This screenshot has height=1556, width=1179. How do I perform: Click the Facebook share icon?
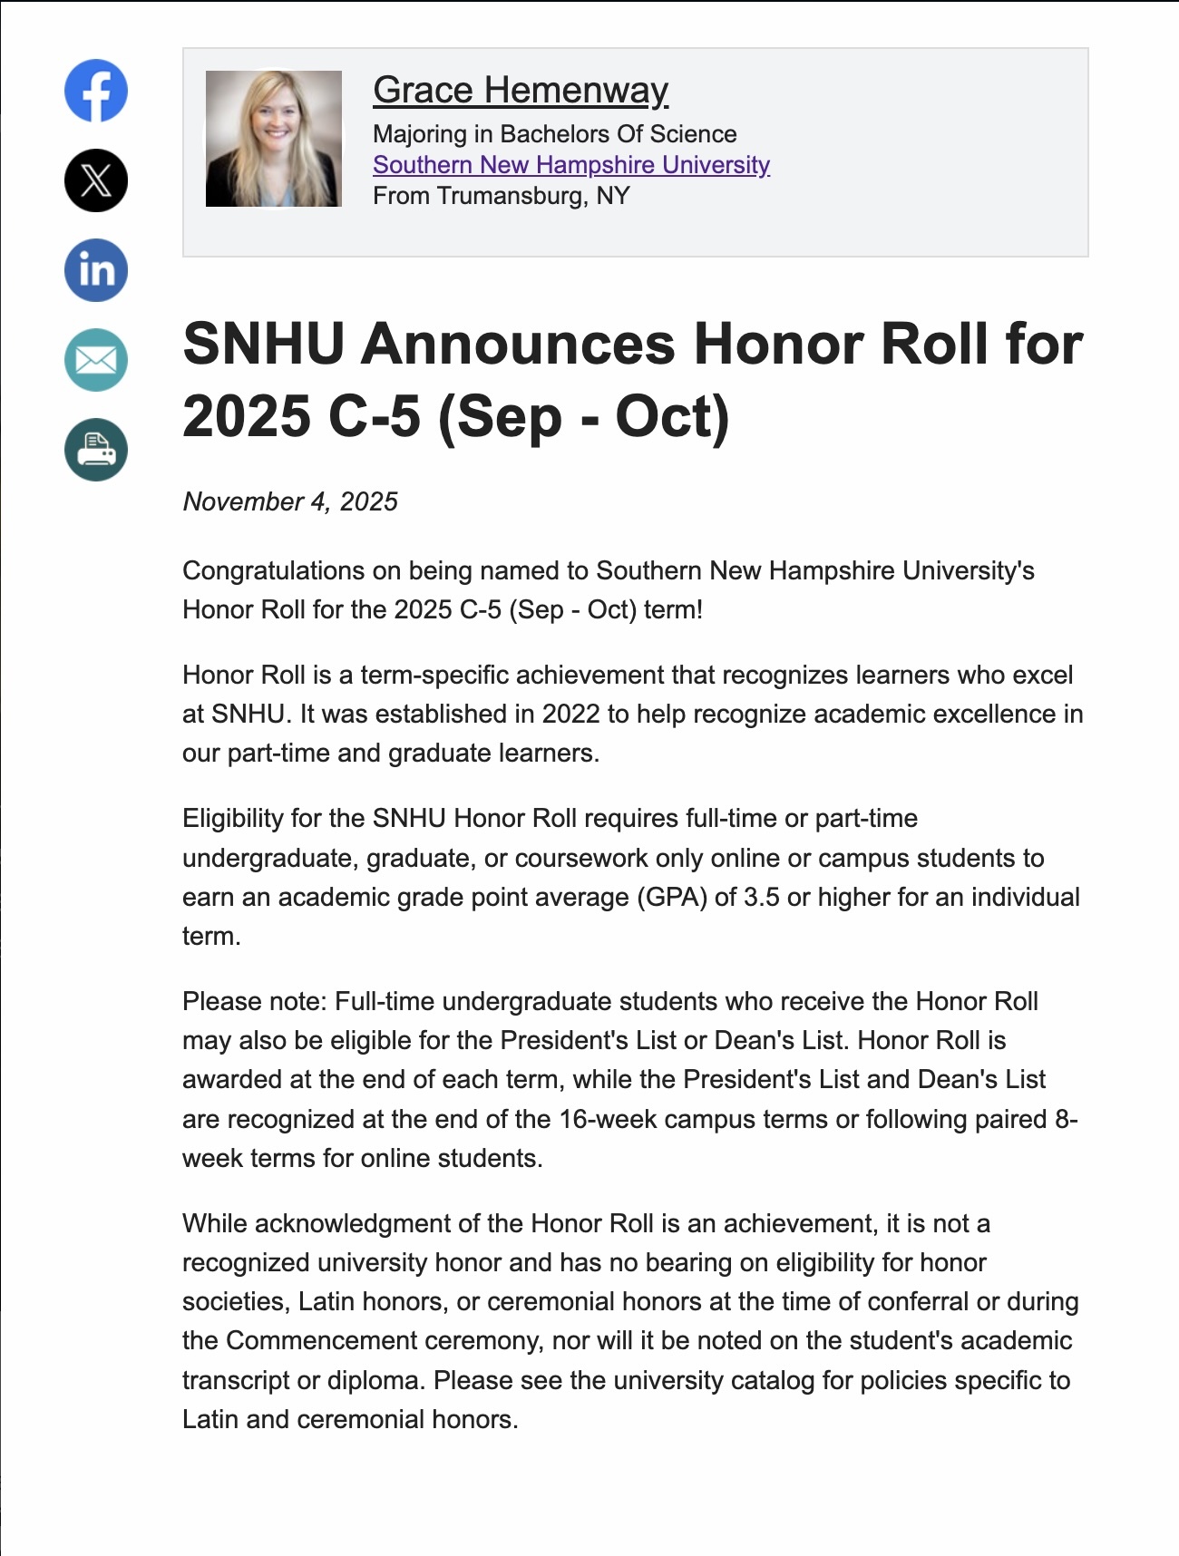(96, 91)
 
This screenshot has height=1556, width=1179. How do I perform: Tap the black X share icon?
(96, 180)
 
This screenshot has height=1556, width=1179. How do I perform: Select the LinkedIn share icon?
(96, 270)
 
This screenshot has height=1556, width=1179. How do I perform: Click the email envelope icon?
(96, 360)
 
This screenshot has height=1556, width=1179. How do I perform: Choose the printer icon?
(96, 450)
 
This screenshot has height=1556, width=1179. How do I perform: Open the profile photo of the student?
(274, 139)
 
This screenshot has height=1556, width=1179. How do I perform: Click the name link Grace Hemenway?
(521, 90)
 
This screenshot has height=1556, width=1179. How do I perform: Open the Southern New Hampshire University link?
(571, 165)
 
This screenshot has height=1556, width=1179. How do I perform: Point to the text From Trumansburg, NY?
(501, 196)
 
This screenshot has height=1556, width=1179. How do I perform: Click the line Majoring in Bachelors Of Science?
(554, 134)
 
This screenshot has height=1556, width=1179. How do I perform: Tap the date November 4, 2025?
(290, 501)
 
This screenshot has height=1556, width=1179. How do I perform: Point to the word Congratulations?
(259, 570)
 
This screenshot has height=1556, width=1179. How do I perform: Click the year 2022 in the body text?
(570, 715)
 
